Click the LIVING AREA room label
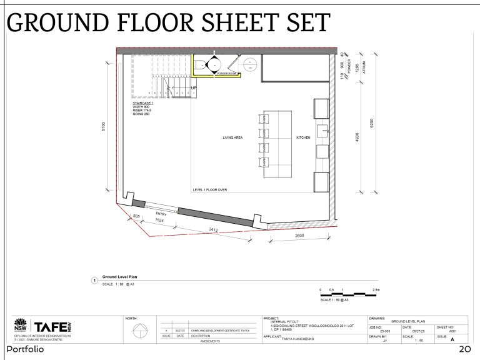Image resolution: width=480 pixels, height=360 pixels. point(232,137)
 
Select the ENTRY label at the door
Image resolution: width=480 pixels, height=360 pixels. point(161,214)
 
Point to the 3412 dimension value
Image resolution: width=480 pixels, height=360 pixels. point(213,231)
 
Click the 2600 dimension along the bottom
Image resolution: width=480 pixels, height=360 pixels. point(299,236)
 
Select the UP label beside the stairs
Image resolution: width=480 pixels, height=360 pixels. point(194,88)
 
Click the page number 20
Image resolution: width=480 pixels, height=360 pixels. point(464,349)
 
